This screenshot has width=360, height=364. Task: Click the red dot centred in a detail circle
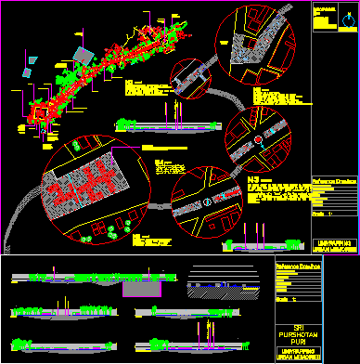[x=259, y=139]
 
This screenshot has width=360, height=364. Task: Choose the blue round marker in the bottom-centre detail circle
[x=209, y=200]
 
